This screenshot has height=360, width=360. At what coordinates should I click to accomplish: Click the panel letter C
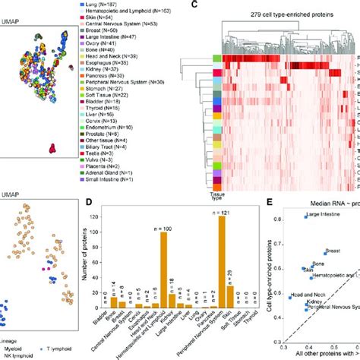coord(196,5)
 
